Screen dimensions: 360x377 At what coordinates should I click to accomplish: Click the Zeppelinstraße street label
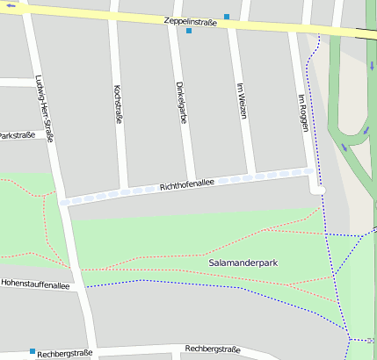191,19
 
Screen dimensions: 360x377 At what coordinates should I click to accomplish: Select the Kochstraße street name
119,104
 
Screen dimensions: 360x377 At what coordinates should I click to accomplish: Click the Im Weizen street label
242,101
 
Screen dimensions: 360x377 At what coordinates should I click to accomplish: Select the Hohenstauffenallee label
35,284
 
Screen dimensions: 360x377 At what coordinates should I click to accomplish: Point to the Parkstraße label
18,135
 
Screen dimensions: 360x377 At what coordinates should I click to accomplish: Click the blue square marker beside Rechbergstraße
33,351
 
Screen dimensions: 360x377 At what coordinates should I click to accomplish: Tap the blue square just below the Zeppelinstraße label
189,32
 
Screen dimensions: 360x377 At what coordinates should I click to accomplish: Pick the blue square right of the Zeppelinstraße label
227,17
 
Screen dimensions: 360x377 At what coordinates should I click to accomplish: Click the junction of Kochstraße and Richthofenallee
129,191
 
